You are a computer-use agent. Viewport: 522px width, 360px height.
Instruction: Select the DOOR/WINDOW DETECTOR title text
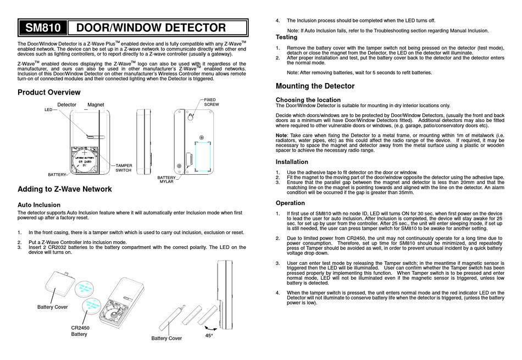[150, 28]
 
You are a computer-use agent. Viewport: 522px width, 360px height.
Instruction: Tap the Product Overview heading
[53, 92]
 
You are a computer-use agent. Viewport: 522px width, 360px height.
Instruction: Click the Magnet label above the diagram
[96, 104]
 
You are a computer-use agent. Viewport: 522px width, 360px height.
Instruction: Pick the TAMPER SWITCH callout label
[124, 168]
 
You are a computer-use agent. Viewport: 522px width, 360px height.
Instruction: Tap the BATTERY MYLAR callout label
[166, 179]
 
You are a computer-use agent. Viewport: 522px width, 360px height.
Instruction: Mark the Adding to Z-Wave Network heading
[65, 189]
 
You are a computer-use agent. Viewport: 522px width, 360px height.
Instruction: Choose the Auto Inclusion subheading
[41, 204]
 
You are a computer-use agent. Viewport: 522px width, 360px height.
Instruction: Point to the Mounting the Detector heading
[315, 86]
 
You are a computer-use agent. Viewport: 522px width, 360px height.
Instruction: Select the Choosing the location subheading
[308, 99]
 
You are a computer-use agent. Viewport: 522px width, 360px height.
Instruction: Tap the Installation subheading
[292, 162]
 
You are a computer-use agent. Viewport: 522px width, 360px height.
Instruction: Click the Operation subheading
[290, 203]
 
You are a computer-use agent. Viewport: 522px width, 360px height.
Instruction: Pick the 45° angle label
[209, 335]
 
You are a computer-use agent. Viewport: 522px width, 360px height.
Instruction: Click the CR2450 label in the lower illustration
[80, 328]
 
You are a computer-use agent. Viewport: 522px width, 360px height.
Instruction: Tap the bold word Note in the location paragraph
[281, 135]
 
